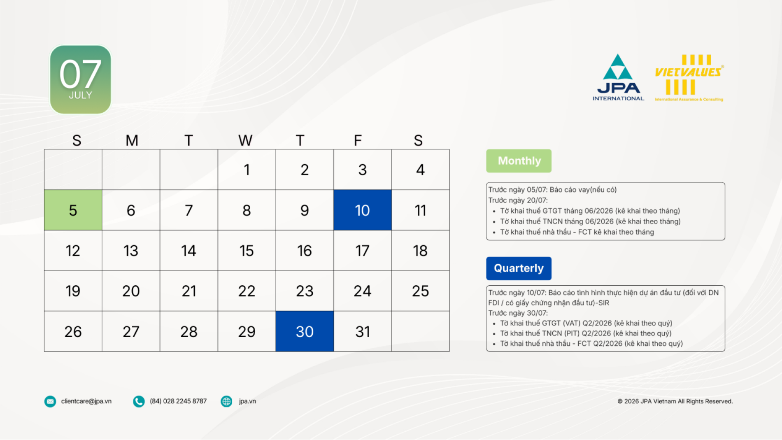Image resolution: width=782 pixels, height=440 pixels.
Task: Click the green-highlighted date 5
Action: click(x=73, y=210)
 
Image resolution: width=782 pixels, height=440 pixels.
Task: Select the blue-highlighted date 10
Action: click(x=362, y=210)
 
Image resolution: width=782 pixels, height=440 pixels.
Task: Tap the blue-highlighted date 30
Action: click(x=305, y=331)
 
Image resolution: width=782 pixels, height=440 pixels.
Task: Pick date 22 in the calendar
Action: click(x=247, y=291)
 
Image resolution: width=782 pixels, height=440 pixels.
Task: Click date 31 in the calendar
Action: click(x=362, y=331)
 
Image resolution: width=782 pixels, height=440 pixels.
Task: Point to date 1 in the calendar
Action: click(x=247, y=170)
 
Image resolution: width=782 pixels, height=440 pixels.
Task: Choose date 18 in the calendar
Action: click(x=420, y=251)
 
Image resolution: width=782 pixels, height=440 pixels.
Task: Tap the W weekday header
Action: click(x=245, y=140)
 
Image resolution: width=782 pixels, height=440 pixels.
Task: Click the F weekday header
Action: click(x=358, y=140)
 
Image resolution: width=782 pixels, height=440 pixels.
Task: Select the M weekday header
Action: click(x=132, y=140)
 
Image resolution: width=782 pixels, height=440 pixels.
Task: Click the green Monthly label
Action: click(x=519, y=161)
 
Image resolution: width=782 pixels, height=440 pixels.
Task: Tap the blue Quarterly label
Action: click(x=519, y=268)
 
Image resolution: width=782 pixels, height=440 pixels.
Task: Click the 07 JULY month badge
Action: click(x=81, y=79)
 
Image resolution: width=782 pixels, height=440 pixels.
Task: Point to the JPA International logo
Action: click(x=618, y=77)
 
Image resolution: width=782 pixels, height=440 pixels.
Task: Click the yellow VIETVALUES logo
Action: click(x=689, y=78)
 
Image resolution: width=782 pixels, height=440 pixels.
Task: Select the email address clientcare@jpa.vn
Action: click(x=86, y=401)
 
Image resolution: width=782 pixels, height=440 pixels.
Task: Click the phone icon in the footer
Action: click(x=139, y=401)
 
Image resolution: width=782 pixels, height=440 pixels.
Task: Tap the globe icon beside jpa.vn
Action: click(x=226, y=401)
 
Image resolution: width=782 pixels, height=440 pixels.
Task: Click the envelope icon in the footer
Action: click(x=50, y=401)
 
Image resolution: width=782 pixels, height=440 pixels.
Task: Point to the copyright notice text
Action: click(x=675, y=401)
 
